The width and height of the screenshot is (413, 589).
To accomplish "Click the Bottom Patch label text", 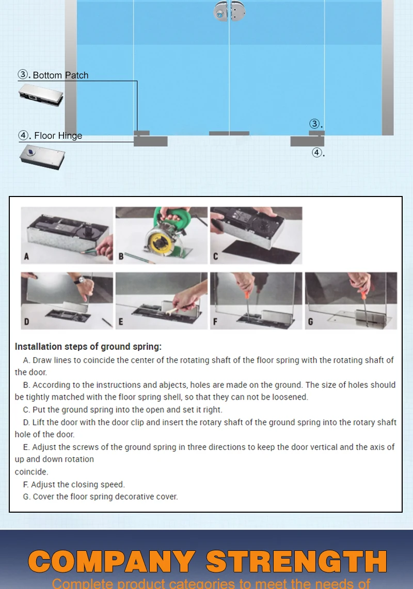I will pyautogui.click(x=60, y=75).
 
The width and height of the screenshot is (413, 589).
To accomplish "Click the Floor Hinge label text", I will pyautogui.click(x=58, y=136).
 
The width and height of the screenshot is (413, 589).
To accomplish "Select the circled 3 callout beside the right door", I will pyautogui.click(x=315, y=124).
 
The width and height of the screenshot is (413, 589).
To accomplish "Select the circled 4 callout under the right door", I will pyautogui.click(x=318, y=152).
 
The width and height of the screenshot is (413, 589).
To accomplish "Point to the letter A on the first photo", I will pyautogui.click(x=26, y=256).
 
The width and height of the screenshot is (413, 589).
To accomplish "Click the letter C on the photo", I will pyautogui.click(x=215, y=256).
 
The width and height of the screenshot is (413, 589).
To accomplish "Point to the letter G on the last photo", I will pyautogui.click(x=310, y=321).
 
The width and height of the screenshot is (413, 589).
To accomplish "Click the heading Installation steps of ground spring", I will pyautogui.click(x=88, y=347).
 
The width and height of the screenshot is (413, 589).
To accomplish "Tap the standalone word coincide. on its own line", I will pyautogui.click(x=31, y=471).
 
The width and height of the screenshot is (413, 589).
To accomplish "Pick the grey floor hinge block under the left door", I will pyautogui.click(x=151, y=141).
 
